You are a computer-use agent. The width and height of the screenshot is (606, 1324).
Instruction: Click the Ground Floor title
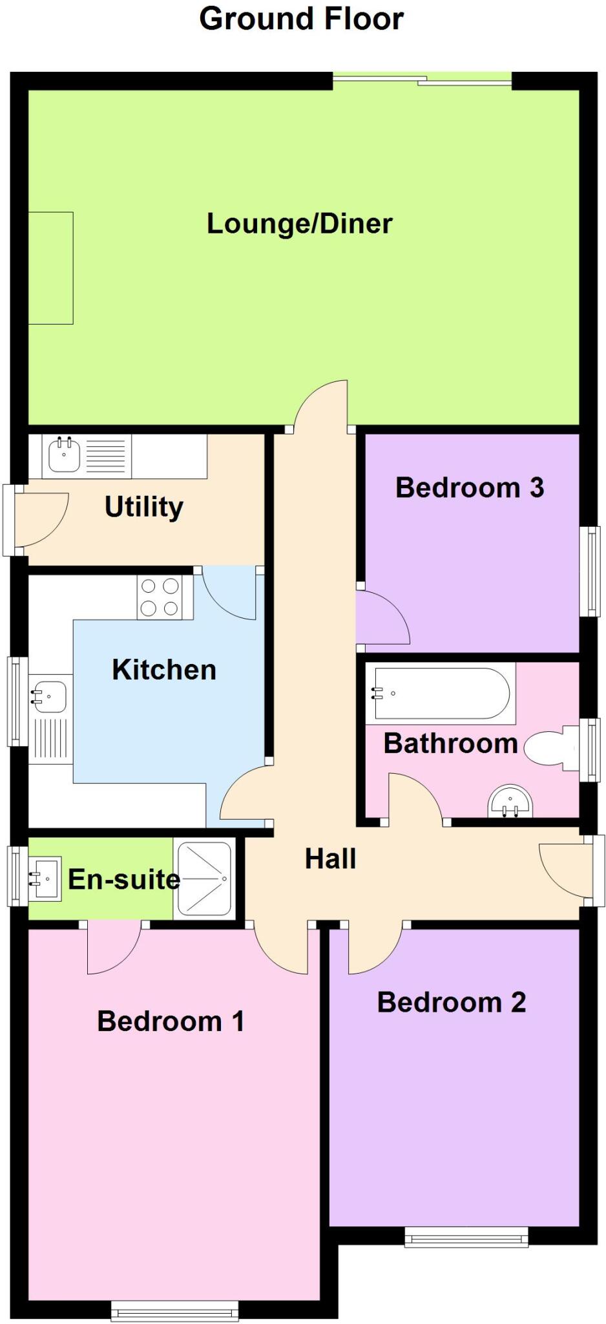(301, 19)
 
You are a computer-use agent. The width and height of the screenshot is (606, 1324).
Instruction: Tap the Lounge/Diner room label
(299, 224)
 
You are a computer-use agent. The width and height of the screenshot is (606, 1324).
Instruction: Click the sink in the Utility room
(64, 454)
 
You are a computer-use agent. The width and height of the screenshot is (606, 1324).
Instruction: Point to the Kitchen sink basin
(49, 696)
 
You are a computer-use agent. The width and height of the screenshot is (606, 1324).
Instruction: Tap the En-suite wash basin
(45, 879)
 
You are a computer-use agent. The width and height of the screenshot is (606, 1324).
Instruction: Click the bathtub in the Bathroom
(440, 693)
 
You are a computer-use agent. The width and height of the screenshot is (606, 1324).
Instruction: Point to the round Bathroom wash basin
(510, 802)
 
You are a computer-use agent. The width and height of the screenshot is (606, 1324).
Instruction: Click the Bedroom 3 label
(470, 487)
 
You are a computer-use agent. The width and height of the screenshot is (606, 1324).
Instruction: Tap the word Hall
(330, 859)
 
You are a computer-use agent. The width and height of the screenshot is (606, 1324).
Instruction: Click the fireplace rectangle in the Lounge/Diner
(50, 268)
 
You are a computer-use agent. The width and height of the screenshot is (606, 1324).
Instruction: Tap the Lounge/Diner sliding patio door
(422, 80)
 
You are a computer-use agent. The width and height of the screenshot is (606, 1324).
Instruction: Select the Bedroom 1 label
(171, 1021)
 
